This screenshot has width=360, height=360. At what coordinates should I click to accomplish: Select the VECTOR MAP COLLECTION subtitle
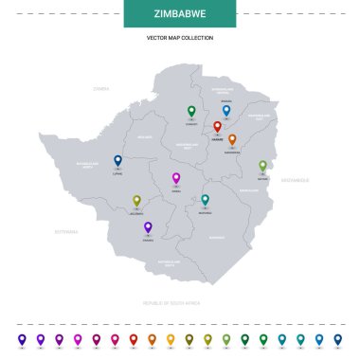[x=179, y=37]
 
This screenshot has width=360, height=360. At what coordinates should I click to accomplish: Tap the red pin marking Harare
[x=217, y=126]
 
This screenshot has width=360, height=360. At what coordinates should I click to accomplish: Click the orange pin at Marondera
[x=232, y=139]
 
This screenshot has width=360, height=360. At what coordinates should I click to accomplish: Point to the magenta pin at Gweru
[x=175, y=177]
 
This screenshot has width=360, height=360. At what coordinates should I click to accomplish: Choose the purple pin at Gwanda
[x=148, y=226]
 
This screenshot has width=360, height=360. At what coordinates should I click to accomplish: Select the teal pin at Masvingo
[x=205, y=200]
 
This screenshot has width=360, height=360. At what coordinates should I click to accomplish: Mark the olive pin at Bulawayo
[x=136, y=200]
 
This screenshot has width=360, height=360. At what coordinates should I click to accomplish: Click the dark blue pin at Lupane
[x=117, y=160]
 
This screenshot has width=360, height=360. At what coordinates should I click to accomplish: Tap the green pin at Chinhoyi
[x=191, y=110]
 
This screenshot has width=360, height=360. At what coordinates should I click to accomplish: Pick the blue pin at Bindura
[x=225, y=110]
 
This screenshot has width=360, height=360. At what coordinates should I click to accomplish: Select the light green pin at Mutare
[x=262, y=165]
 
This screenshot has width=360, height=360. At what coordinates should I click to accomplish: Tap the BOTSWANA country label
[x=66, y=230]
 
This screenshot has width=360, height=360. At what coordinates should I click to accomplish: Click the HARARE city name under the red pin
[x=217, y=138]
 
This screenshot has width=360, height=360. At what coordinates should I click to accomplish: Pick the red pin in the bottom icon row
[x=114, y=338]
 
